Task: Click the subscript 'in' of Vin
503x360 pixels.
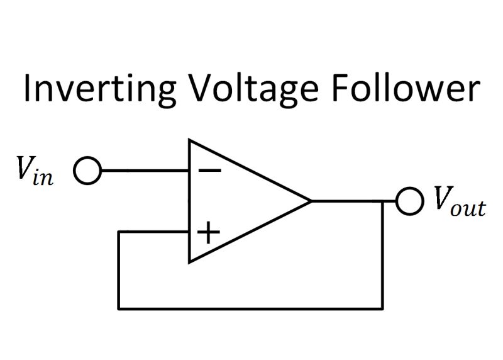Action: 45,177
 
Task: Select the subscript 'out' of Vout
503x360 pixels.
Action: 468,208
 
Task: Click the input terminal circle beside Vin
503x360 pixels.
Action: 87,171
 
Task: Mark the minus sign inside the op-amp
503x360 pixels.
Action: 206,171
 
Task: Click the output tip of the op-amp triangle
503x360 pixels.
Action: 311,201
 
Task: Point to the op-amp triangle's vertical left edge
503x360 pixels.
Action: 190,201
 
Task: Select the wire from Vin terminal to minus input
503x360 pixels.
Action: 145,171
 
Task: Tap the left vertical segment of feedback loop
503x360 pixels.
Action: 119,271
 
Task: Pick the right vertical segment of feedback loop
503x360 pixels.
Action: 382,258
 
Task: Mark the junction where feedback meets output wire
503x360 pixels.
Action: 382,201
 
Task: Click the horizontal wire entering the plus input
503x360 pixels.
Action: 154,232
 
